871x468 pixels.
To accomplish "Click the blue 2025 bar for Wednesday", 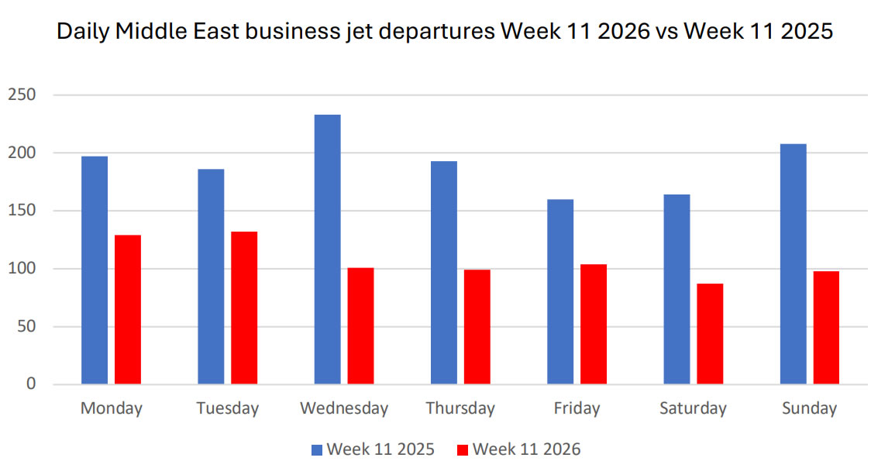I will (327, 249).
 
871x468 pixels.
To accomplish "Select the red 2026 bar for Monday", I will (128, 309).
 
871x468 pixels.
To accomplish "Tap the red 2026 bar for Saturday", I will (710, 333).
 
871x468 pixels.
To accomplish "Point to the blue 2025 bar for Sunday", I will (794, 263).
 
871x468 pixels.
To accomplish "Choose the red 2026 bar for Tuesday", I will (244, 308).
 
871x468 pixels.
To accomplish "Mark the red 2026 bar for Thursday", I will (477, 326).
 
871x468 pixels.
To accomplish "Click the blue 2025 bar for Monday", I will (95, 270).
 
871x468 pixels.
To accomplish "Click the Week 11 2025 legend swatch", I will (316, 449).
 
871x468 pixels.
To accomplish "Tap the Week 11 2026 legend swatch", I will (463, 449).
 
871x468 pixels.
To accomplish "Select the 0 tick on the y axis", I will (32, 384).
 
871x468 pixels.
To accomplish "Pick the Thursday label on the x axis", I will (460, 408).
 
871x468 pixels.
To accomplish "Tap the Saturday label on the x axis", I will (693, 408).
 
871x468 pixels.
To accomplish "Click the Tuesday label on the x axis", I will (227, 408).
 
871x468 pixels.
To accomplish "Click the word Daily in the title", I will (81, 33).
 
